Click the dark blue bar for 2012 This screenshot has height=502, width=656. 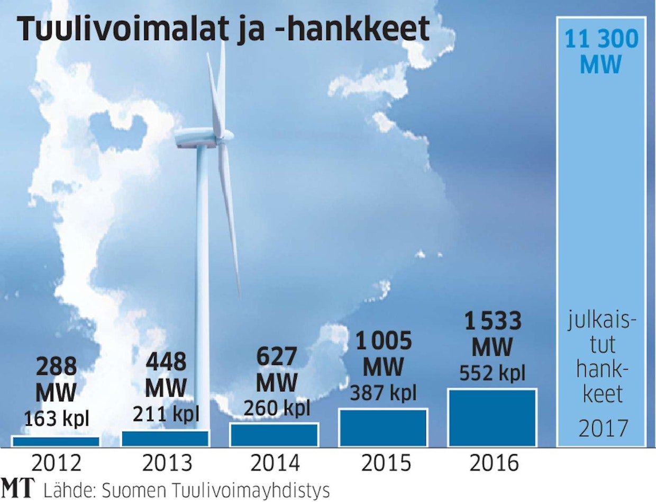(56, 441)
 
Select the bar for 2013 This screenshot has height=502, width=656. (165, 438)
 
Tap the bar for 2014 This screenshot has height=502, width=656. (274, 435)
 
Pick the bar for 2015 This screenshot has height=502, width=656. (383, 427)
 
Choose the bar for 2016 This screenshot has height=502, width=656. (493, 418)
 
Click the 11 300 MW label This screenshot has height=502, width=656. (601, 52)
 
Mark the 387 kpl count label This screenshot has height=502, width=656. (383, 392)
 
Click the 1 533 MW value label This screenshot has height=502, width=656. (493, 334)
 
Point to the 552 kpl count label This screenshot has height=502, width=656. (493, 373)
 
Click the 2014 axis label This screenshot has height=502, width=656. (275, 463)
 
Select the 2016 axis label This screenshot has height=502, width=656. (494, 463)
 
